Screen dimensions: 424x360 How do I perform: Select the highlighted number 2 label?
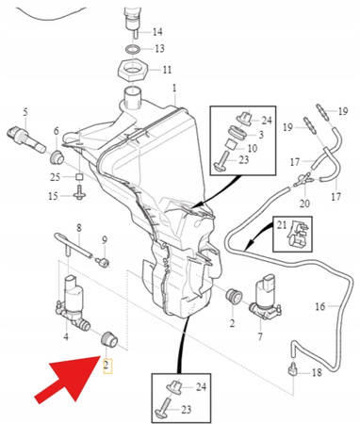106,363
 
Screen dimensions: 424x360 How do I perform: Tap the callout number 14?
157,32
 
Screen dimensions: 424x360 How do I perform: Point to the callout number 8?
79,228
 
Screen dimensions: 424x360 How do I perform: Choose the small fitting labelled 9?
104,258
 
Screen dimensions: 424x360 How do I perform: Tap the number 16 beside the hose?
319,306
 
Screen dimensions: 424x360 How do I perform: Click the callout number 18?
316,373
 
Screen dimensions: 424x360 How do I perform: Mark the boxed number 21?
280,222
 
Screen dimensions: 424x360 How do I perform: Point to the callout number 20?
303,203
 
